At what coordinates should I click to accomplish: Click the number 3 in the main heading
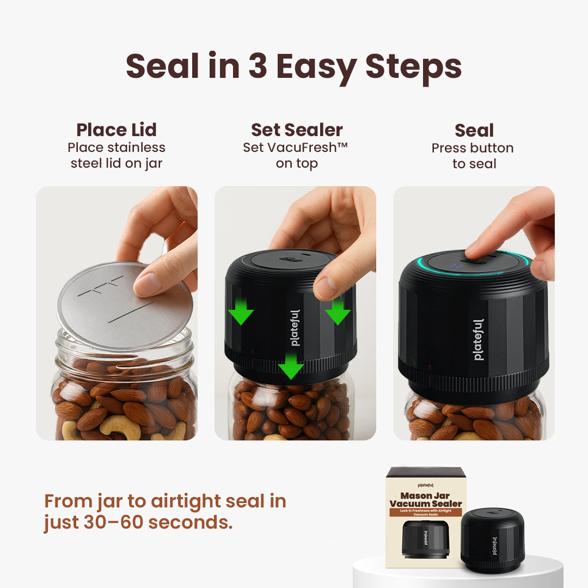pyautogui.click(x=258, y=67)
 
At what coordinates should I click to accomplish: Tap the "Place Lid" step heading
pyautogui.click(x=117, y=130)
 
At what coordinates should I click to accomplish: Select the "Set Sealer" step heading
pyautogui.click(x=297, y=130)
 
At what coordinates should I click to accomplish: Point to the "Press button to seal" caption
pyautogui.click(x=473, y=156)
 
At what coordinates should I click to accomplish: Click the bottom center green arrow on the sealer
pyautogui.click(x=291, y=366)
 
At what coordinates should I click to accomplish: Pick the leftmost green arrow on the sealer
pyautogui.click(x=240, y=311)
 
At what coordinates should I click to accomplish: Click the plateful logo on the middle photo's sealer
pyautogui.click(x=295, y=328)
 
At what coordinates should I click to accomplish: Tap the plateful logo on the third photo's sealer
pyautogui.click(x=478, y=339)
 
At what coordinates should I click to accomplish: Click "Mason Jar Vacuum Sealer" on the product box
pyautogui.click(x=426, y=499)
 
